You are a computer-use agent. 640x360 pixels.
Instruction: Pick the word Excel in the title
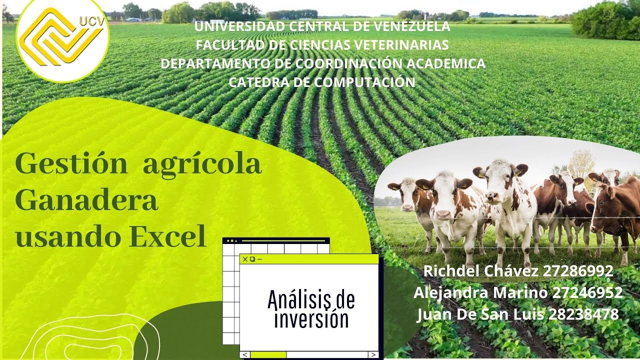pos(169,237)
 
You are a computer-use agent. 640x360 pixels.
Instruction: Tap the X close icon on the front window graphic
pos(244,259)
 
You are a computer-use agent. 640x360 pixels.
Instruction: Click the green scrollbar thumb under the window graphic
pos(268,354)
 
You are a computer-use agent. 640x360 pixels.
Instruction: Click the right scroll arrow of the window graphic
pos(373,354)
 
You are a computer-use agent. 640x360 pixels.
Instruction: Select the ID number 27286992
pos(577,271)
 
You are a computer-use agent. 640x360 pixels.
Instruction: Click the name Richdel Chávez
pos(480,271)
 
